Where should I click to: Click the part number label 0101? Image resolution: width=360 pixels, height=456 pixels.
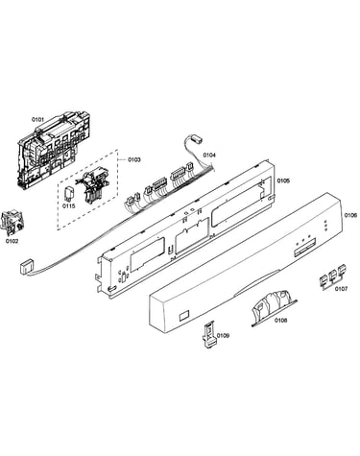click(x=37, y=119)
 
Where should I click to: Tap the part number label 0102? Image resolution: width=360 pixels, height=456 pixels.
click(x=12, y=241)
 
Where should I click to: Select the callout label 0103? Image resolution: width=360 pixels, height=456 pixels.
click(x=134, y=159)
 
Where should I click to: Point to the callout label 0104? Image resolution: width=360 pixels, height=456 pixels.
click(x=209, y=156)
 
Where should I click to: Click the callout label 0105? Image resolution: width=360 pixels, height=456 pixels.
click(x=283, y=180)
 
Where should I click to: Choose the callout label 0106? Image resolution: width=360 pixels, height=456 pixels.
click(x=350, y=215)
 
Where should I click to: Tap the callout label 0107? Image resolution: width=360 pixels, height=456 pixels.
click(x=341, y=289)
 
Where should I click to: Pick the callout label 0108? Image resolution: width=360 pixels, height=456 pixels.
click(x=280, y=320)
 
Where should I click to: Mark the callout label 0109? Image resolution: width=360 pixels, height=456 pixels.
click(x=223, y=335)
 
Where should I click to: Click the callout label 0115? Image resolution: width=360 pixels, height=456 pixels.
click(x=69, y=206)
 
